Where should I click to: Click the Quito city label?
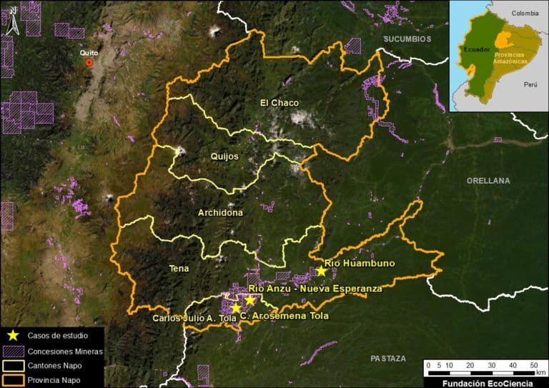[89, 52]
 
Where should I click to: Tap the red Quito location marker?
[89, 63]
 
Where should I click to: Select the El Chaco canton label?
[280, 103]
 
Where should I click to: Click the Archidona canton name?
[220, 212]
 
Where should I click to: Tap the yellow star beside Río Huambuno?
[322, 271]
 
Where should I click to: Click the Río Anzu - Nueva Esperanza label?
[315, 289]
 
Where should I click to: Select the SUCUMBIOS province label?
[407, 39]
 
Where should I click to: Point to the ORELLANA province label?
[488, 181]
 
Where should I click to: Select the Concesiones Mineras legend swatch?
[12, 351]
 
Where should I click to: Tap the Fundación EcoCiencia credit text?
[485, 382]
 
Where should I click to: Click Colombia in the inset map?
[524, 12]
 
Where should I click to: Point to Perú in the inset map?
[530, 84]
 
